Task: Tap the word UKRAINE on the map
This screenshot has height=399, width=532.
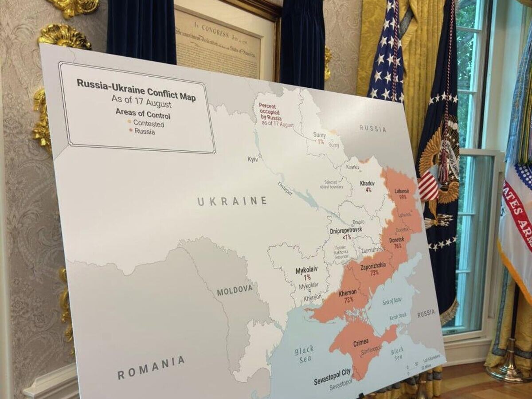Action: (232, 201)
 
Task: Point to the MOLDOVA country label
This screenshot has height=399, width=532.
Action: (235, 290)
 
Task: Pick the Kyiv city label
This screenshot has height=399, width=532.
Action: (253, 159)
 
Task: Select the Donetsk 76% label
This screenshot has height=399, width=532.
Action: (396, 243)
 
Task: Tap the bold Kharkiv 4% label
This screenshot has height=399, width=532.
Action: (368, 186)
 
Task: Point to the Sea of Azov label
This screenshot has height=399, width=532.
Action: (391, 301)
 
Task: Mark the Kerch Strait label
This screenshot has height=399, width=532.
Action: (398, 318)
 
